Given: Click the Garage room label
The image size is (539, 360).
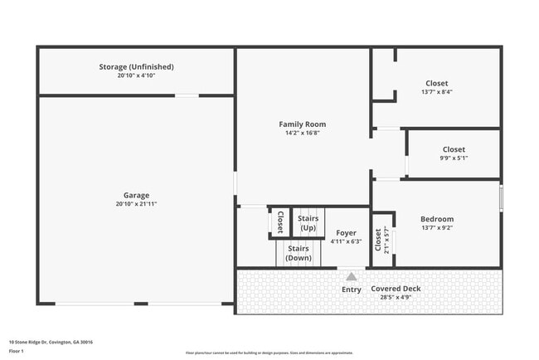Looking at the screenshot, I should pyautogui.click(x=136, y=195).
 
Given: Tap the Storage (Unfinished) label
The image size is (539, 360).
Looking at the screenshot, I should pyautogui.click(x=136, y=66).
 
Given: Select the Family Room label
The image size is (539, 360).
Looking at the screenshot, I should pyautogui.click(x=302, y=124).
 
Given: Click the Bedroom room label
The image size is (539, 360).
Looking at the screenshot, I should pyautogui.click(x=436, y=219).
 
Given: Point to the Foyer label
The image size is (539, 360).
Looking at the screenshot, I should pyautogui.click(x=346, y=233).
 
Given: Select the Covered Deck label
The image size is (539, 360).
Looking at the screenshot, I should pyautogui.click(x=396, y=289).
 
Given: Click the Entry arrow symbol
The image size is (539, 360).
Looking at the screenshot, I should pyautogui.click(x=352, y=277).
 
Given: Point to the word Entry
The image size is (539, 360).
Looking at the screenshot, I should pyautogui.click(x=352, y=289).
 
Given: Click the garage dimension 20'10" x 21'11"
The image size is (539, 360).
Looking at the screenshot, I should pyautogui.click(x=136, y=204).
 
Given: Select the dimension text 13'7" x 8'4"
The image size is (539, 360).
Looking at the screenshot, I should pyautogui.click(x=436, y=92).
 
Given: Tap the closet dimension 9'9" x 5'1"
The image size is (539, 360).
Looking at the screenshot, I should pyautogui.click(x=453, y=158).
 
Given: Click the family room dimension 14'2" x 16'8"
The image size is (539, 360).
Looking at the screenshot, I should pyautogui.click(x=302, y=133).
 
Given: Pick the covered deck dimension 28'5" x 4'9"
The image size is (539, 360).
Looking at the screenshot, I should pyautogui.click(x=396, y=297).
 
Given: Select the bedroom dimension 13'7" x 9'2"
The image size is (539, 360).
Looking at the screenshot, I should pyautogui.click(x=436, y=228).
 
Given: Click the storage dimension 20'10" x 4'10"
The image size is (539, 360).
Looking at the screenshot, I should pyautogui.click(x=136, y=75).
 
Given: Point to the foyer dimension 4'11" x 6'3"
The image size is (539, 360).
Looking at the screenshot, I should pyautogui.click(x=346, y=242).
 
